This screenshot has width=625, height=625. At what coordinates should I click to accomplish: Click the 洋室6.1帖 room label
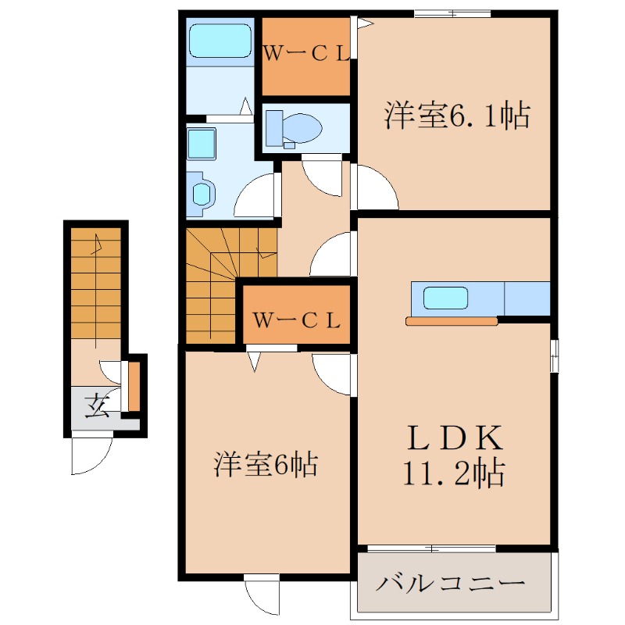point(457,116)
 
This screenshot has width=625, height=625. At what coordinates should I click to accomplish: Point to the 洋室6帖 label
point(266,466)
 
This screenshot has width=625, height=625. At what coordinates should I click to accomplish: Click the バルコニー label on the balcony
point(452,583)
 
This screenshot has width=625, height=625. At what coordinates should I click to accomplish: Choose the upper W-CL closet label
point(305,54)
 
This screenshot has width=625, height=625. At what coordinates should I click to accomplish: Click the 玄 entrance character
point(98,406)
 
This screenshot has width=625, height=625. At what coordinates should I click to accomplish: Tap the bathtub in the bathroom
point(220,40)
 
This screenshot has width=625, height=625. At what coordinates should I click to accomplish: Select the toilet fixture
point(293,127)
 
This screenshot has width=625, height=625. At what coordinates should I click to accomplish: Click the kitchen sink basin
point(445,298)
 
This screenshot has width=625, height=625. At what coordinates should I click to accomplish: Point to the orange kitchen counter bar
point(452,320)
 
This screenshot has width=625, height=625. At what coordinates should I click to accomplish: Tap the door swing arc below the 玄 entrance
point(92,455)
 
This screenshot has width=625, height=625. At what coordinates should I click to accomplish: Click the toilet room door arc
point(321,176)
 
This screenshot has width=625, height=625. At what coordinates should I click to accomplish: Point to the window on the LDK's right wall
point(554,355)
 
